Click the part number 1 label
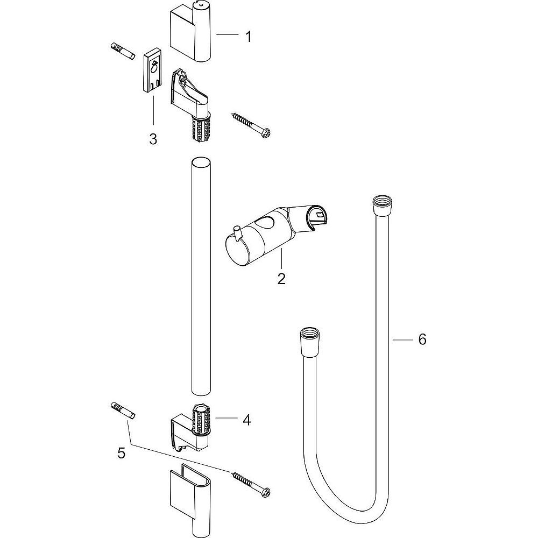(248, 37)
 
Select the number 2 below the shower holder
(281, 279)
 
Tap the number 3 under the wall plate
(153, 139)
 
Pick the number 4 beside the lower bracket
(247, 420)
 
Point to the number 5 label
(122, 453)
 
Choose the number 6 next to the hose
(422, 339)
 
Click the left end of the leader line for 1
(216, 34)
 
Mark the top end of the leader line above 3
(153, 96)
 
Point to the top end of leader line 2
(281, 249)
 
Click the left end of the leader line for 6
(393, 339)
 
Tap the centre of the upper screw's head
(266, 133)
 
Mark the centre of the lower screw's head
(266, 492)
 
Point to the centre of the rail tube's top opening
(201, 161)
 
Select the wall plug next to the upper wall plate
(122, 51)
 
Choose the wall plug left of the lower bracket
(123, 410)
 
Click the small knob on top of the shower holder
(236, 231)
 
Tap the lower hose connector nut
(310, 342)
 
